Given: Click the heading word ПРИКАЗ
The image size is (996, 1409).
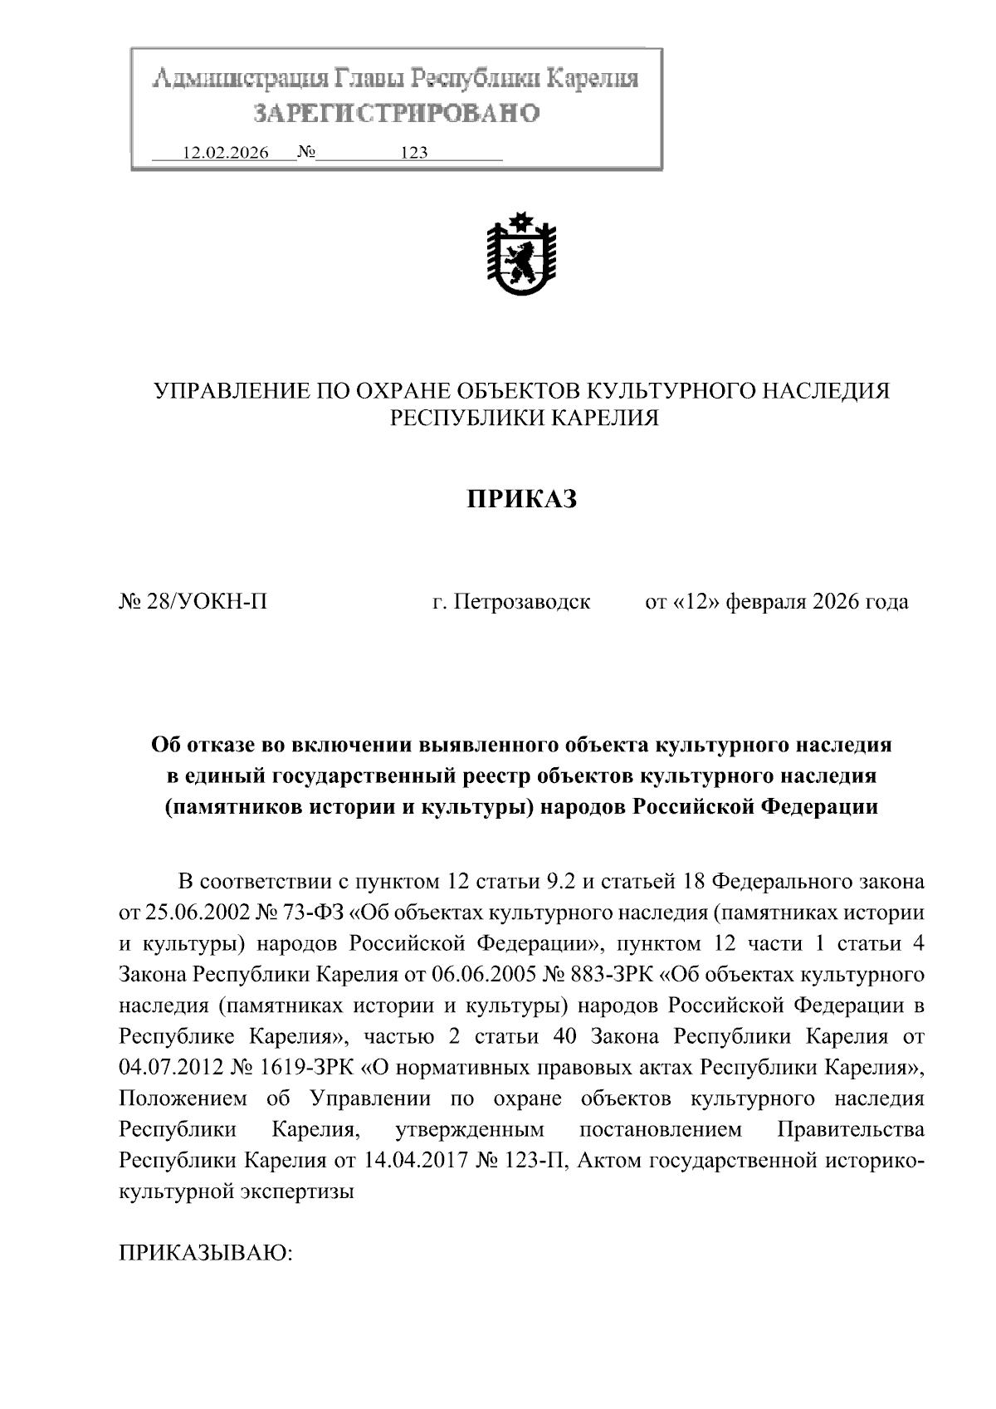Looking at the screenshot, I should (520, 499).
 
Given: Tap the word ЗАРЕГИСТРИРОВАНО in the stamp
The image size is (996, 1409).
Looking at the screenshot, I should (397, 113).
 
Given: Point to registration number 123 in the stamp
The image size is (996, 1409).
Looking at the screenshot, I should (413, 153).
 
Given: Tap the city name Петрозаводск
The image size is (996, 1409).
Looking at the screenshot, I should (523, 602).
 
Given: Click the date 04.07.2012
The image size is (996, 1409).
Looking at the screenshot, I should (168, 1067).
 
